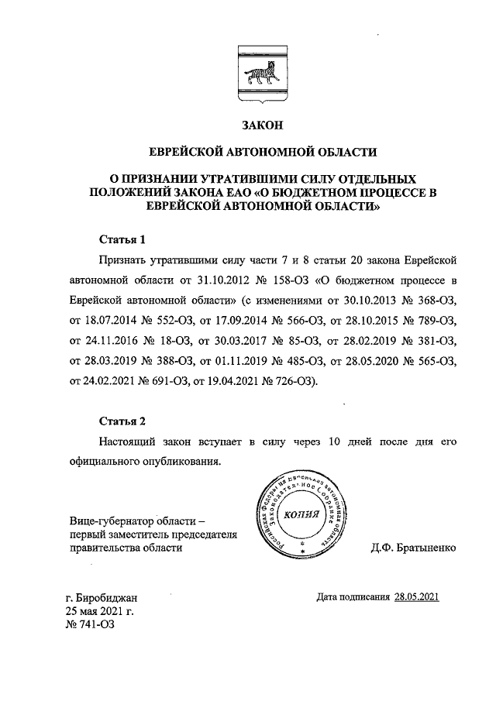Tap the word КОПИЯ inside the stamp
pos(301,516)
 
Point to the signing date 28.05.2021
pos(417,596)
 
